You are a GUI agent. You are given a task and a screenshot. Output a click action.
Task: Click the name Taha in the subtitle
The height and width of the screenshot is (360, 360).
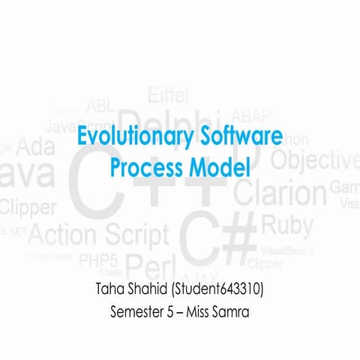tap(112, 289)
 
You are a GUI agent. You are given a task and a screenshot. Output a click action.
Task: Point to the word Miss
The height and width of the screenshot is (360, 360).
tap(197, 310)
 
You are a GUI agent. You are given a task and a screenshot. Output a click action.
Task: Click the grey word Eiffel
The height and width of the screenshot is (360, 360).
tap(168, 95)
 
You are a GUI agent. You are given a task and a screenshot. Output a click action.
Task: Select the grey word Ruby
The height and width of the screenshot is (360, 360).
tap(287, 224)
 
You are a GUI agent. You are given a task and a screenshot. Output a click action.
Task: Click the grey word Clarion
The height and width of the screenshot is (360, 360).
tap(280, 193)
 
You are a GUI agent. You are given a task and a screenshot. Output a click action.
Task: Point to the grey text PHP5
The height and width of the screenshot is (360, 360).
tap(98, 261)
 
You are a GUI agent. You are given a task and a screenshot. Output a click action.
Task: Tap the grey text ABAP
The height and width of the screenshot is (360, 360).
tap(246, 116)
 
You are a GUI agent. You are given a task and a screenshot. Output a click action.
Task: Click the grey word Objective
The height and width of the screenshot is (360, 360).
tap(315, 160)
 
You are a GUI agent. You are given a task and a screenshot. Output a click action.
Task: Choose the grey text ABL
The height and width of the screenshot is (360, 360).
tap(100, 105)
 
